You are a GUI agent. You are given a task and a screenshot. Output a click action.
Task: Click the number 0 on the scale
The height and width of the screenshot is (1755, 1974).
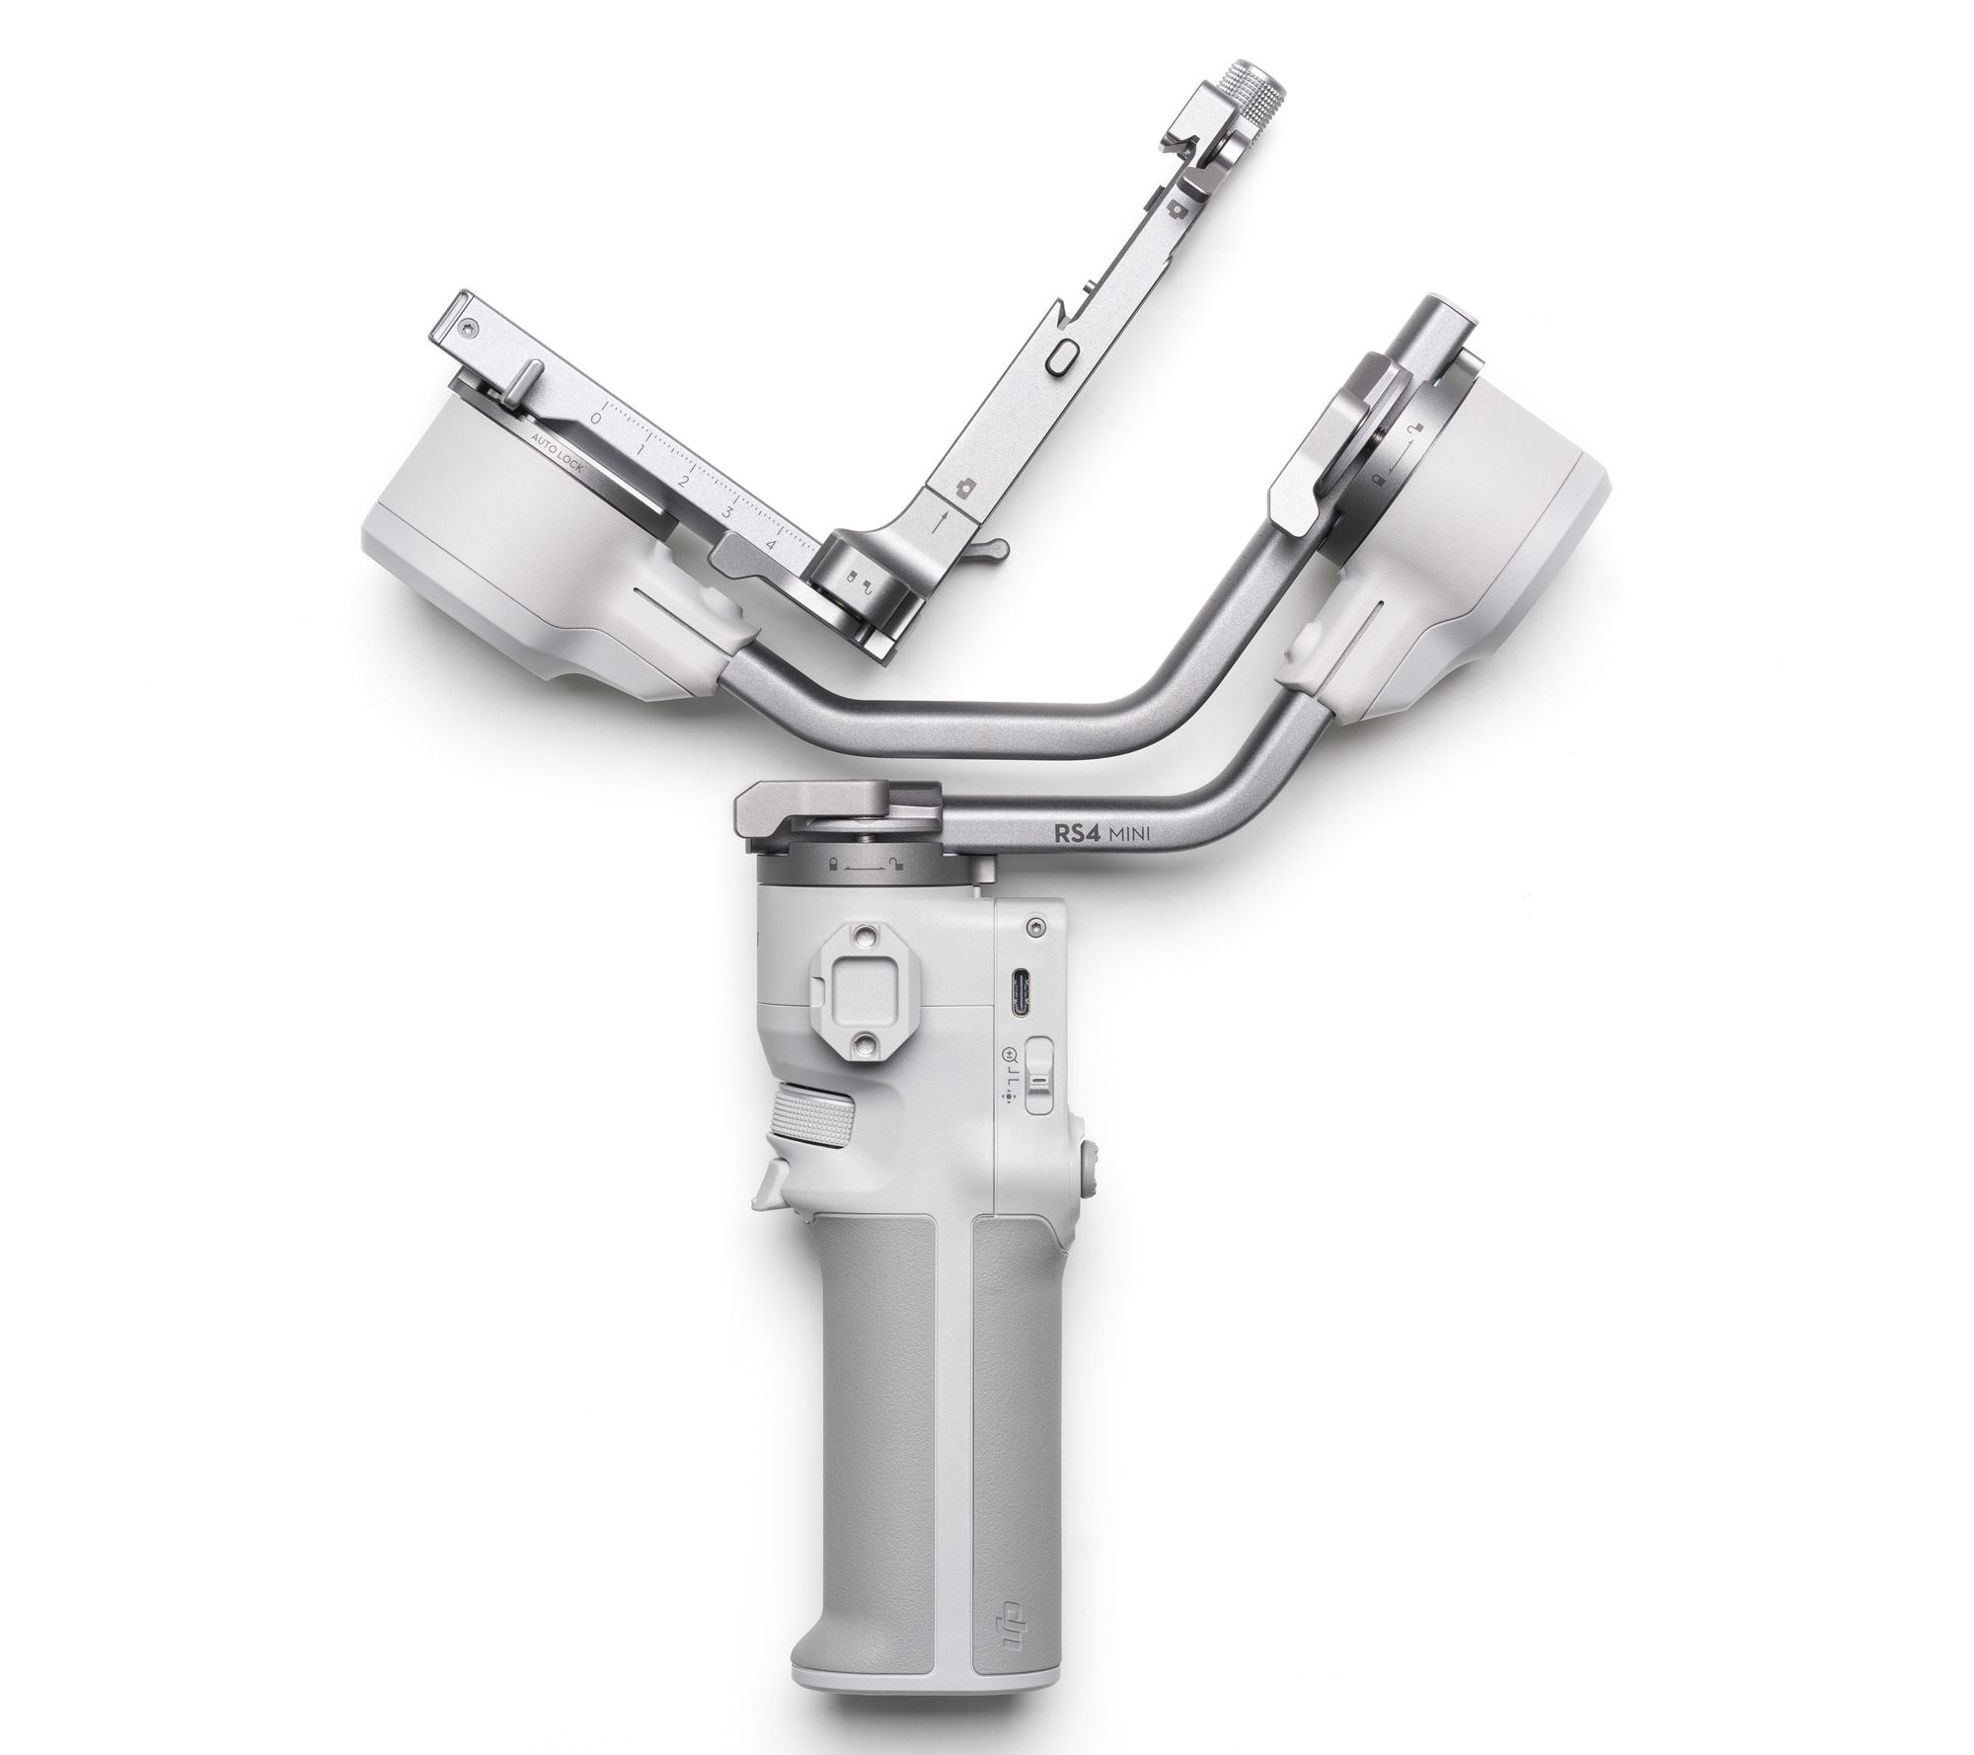[594, 418]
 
